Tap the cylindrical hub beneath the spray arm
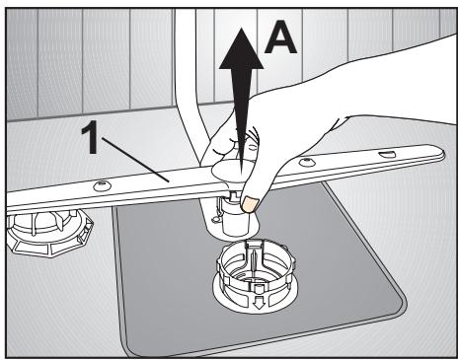233,220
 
